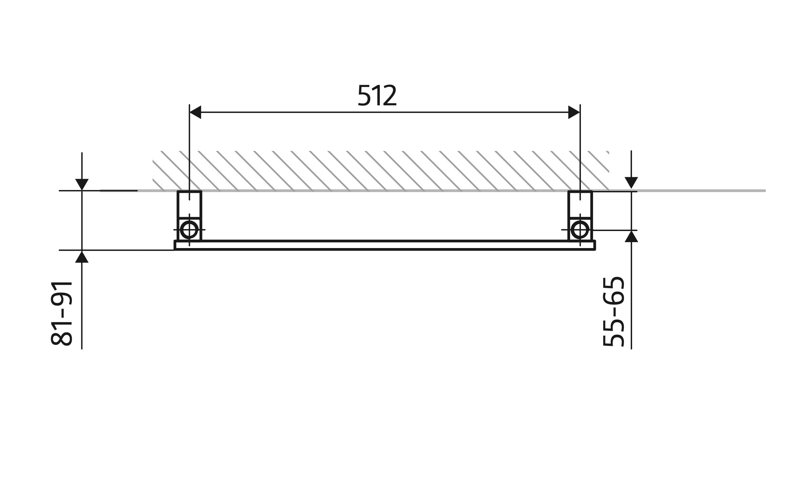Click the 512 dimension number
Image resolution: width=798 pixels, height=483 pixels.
tap(377, 95)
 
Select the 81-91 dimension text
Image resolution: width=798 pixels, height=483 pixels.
tap(62, 313)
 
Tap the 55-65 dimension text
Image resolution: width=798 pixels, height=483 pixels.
tap(613, 312)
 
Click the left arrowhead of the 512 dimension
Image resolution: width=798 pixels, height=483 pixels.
tap(195, 112)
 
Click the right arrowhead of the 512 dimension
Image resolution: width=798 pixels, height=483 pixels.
tap(574, 112)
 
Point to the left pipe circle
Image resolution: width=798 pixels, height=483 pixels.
tap(189, 230)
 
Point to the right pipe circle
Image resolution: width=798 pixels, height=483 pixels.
tap(580, 230)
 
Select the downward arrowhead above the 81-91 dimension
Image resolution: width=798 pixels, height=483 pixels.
tap(82, 184)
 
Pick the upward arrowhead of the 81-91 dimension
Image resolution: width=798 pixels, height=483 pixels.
tap(82, 257)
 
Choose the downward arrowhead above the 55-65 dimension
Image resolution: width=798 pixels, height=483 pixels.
tap(631, 182)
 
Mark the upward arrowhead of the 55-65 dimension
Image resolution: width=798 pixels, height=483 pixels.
tap(631, 237)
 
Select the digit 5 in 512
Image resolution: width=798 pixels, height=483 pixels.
tap(364, 95)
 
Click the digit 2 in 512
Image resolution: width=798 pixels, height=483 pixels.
tap(390, 95)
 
